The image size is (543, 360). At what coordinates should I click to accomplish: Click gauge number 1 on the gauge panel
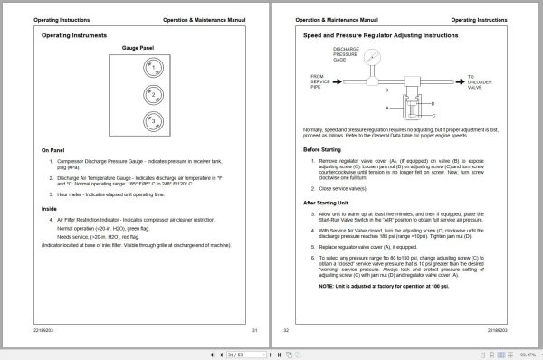(154, 67)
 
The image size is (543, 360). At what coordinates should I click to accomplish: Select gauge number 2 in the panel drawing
(154, 94)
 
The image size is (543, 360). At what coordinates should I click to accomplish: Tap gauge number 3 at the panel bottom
(154, 120)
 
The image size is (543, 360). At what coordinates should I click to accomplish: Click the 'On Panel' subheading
(52, 151)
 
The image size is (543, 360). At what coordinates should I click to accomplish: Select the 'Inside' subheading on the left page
(49, 208)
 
